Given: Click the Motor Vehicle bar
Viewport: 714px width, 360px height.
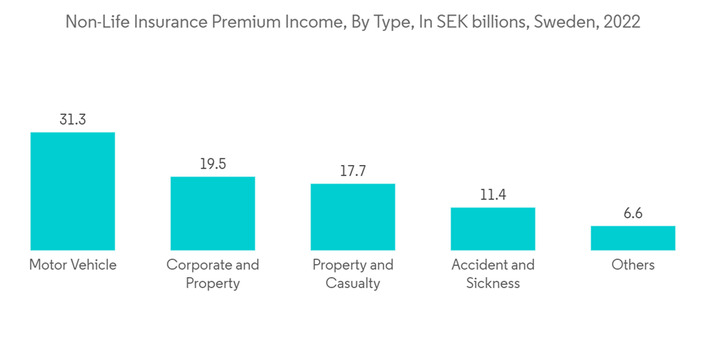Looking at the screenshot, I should tap(72, 191).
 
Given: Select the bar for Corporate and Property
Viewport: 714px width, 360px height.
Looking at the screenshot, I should tap(213, 214).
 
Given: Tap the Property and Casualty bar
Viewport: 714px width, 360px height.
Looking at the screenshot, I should tap(353, 217).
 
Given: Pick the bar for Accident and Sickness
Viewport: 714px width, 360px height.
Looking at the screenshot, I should tap(493, 229).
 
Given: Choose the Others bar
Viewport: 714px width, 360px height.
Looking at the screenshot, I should tap(633, 238).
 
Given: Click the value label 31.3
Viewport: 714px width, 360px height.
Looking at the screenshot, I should tap(72, 120).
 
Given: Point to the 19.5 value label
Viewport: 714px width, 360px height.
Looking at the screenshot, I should tap(213, 164).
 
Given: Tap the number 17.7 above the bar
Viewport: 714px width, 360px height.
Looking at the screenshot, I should tap(353, 171).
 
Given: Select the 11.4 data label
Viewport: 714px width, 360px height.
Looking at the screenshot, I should tap(493, 195).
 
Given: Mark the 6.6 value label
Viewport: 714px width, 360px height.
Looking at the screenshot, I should tap(633, 214).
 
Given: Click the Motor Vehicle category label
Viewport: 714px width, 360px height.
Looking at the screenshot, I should tap(72, 265).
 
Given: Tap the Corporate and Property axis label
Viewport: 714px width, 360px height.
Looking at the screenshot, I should tap(213, 274).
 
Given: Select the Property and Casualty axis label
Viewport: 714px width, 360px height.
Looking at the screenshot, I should tap(353, 274).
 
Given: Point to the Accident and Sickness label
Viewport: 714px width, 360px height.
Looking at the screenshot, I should tap(493, 274).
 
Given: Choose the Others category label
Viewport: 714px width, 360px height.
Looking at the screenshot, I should tap(633, 265).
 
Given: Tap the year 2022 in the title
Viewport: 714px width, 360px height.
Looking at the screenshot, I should tap(621, 22).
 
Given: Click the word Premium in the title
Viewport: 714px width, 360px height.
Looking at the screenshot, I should tap(241, 22).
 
